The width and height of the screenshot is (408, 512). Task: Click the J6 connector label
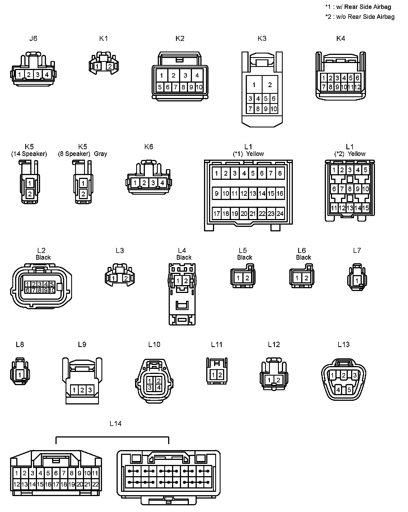point(33,38)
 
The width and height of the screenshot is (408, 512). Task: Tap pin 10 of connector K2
point(199,87)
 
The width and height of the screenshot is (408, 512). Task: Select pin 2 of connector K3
point(270,85)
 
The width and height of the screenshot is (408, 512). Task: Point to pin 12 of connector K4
point(358,87)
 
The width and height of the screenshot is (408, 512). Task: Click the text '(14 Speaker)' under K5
point(29,154)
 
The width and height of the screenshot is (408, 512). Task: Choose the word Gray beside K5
point(101,154)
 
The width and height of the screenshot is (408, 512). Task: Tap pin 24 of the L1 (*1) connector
point(280,214)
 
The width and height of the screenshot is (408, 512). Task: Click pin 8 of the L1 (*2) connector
point(350,189)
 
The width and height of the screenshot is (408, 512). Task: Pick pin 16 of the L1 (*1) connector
point(280,194)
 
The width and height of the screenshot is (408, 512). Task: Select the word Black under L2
point(43,257)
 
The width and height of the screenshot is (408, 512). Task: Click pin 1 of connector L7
point(357,280)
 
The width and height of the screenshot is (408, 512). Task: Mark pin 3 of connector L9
point(90,390)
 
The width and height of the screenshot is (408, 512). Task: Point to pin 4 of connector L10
point(158,388)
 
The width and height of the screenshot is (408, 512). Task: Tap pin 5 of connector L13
point(349,390)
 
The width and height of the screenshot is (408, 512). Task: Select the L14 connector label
point(115,424)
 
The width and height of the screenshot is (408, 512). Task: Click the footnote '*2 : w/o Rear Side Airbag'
point(360,17)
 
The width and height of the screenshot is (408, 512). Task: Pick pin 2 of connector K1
point(110,67)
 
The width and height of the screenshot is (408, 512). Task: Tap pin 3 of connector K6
point(153,183)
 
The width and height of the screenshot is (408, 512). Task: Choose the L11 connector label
point(217,344)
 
